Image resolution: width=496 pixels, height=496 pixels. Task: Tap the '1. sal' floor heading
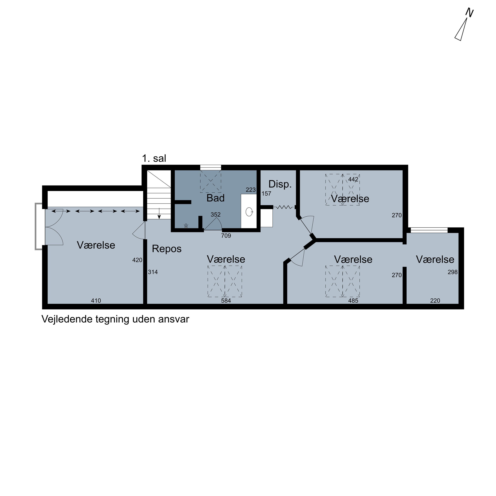[154, 158]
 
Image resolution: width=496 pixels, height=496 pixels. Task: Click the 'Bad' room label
[215, 198]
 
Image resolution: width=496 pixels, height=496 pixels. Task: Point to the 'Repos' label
[167, 249]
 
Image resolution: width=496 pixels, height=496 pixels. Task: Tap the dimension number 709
[226, 236]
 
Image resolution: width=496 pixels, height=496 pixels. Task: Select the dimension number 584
[226, 301]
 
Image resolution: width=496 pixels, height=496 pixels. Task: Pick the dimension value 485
[353, 301]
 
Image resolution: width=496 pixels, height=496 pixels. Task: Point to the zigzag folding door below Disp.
[284, 207]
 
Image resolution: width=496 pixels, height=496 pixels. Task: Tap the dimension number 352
[216, 215]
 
